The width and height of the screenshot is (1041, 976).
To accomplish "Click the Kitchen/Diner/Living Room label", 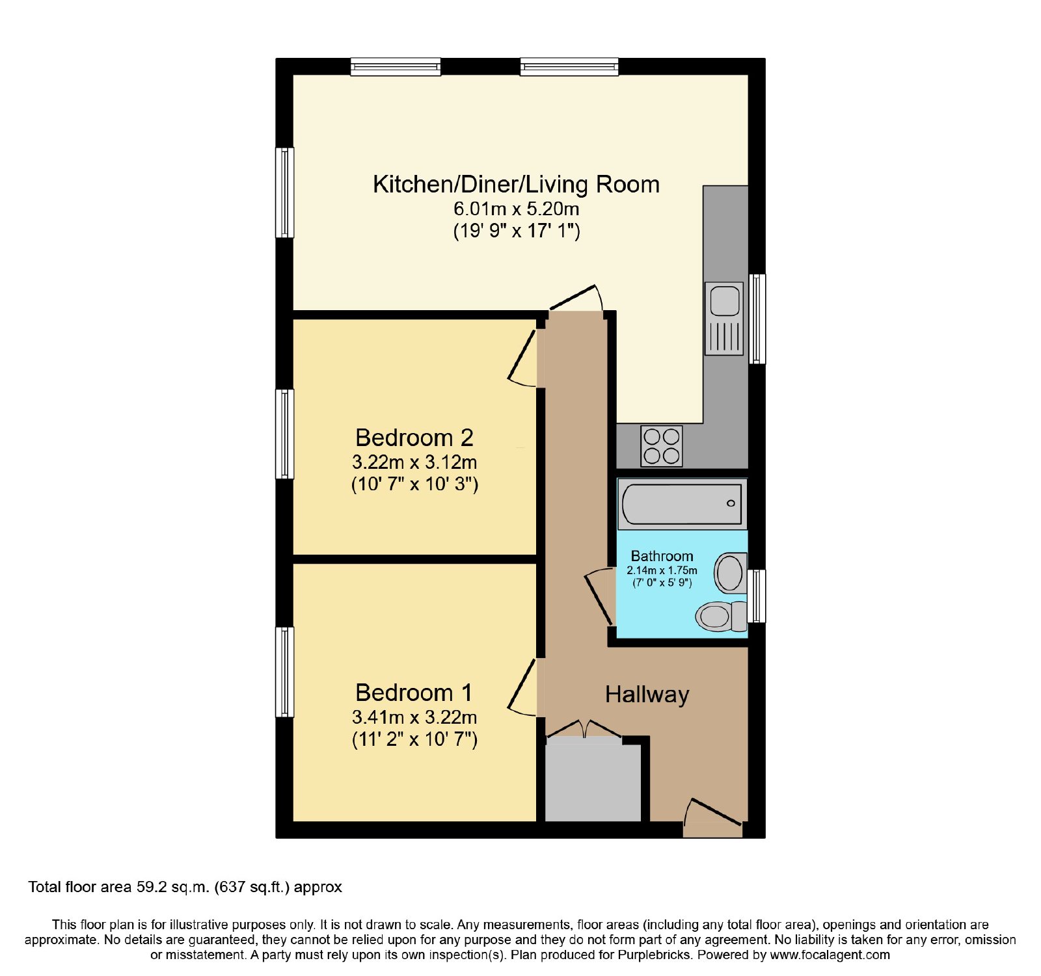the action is [x=516, y=185].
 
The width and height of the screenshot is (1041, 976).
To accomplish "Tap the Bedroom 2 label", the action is [x=414, y=438].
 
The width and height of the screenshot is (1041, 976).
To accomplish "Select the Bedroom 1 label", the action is [x=414, y=692].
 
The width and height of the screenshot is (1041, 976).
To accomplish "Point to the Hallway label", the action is [x=647, y=695].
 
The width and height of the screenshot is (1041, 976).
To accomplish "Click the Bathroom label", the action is [x=662, y=556].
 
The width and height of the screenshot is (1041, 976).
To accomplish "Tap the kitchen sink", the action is [x=724, y=319].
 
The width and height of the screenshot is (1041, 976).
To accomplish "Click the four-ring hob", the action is [x=662, y=446].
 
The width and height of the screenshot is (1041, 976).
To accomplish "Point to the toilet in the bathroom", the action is [x=722, y=616].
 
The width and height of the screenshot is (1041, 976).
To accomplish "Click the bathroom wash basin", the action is [x=730, y=573].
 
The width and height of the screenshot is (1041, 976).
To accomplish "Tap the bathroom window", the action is [x=757, y=596].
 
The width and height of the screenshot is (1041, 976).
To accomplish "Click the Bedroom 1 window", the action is [x=284, y=672].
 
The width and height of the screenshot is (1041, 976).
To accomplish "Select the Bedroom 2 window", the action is [x=284, y=434].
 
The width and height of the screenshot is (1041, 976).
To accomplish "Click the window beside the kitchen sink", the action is [x=757, y=319].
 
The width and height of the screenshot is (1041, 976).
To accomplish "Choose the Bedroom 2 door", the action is [x=523, y=358].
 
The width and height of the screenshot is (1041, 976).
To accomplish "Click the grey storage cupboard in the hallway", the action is [x=593, y=783].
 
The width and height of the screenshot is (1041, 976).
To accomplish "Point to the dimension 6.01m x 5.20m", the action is [x=516, y=209].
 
